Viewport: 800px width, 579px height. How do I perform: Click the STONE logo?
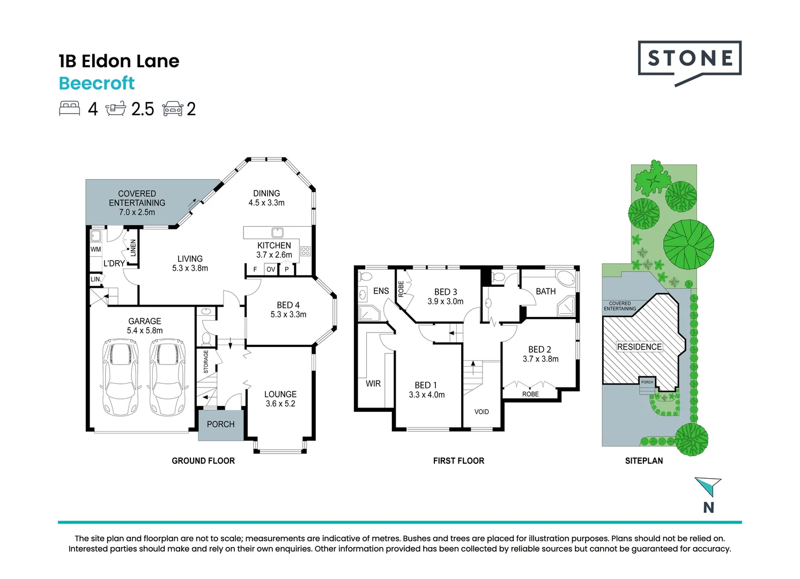click(x=690, y=59)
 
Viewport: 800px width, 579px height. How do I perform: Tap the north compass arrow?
click(x=709, y=487)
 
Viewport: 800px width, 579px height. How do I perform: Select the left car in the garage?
click(x=120, y=377)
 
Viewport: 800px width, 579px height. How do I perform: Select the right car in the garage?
click(x=168, y=377)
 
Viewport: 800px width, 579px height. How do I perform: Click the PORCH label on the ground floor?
click(x=220, y=424)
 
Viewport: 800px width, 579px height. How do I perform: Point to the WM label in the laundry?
click(x=95, y=249)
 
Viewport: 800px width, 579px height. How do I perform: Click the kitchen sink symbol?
click(x=277, y=232)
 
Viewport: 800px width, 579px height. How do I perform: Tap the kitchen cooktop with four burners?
click(x=306, y=250)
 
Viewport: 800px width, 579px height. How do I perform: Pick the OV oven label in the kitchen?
click(x=271, y=269)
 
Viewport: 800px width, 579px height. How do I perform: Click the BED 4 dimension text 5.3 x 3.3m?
click(x=288, y=315)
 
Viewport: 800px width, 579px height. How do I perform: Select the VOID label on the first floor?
click(x=482, y=412)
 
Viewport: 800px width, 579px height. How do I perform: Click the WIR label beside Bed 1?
click(x=373, y=384)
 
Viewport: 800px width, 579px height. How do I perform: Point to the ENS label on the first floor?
click(x=381, y=291)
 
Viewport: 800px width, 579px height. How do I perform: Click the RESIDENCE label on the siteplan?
click(x=639, y=347)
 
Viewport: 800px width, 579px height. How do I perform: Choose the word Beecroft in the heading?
click(x=97, y=84)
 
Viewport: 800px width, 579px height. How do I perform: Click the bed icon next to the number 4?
click(x=70, y=108)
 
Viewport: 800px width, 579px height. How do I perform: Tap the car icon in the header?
click(x=173, y=108)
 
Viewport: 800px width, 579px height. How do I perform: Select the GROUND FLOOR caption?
click(x=203, y=461)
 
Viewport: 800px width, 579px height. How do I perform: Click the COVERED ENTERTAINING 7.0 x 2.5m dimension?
click(x=137, y=212)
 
